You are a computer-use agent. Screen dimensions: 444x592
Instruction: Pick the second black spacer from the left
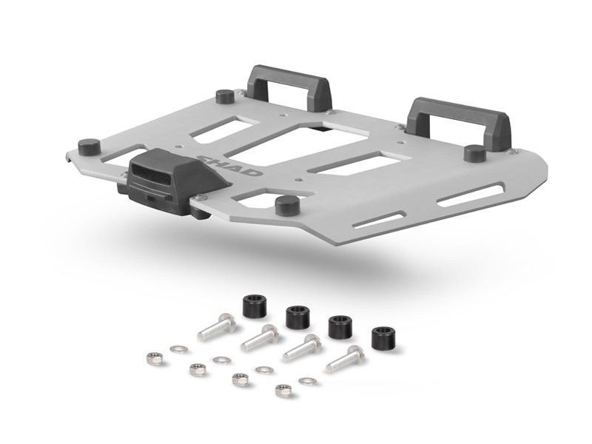click(x=297, y=317)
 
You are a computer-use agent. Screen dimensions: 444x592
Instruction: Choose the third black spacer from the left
click(x=340, y=326)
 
